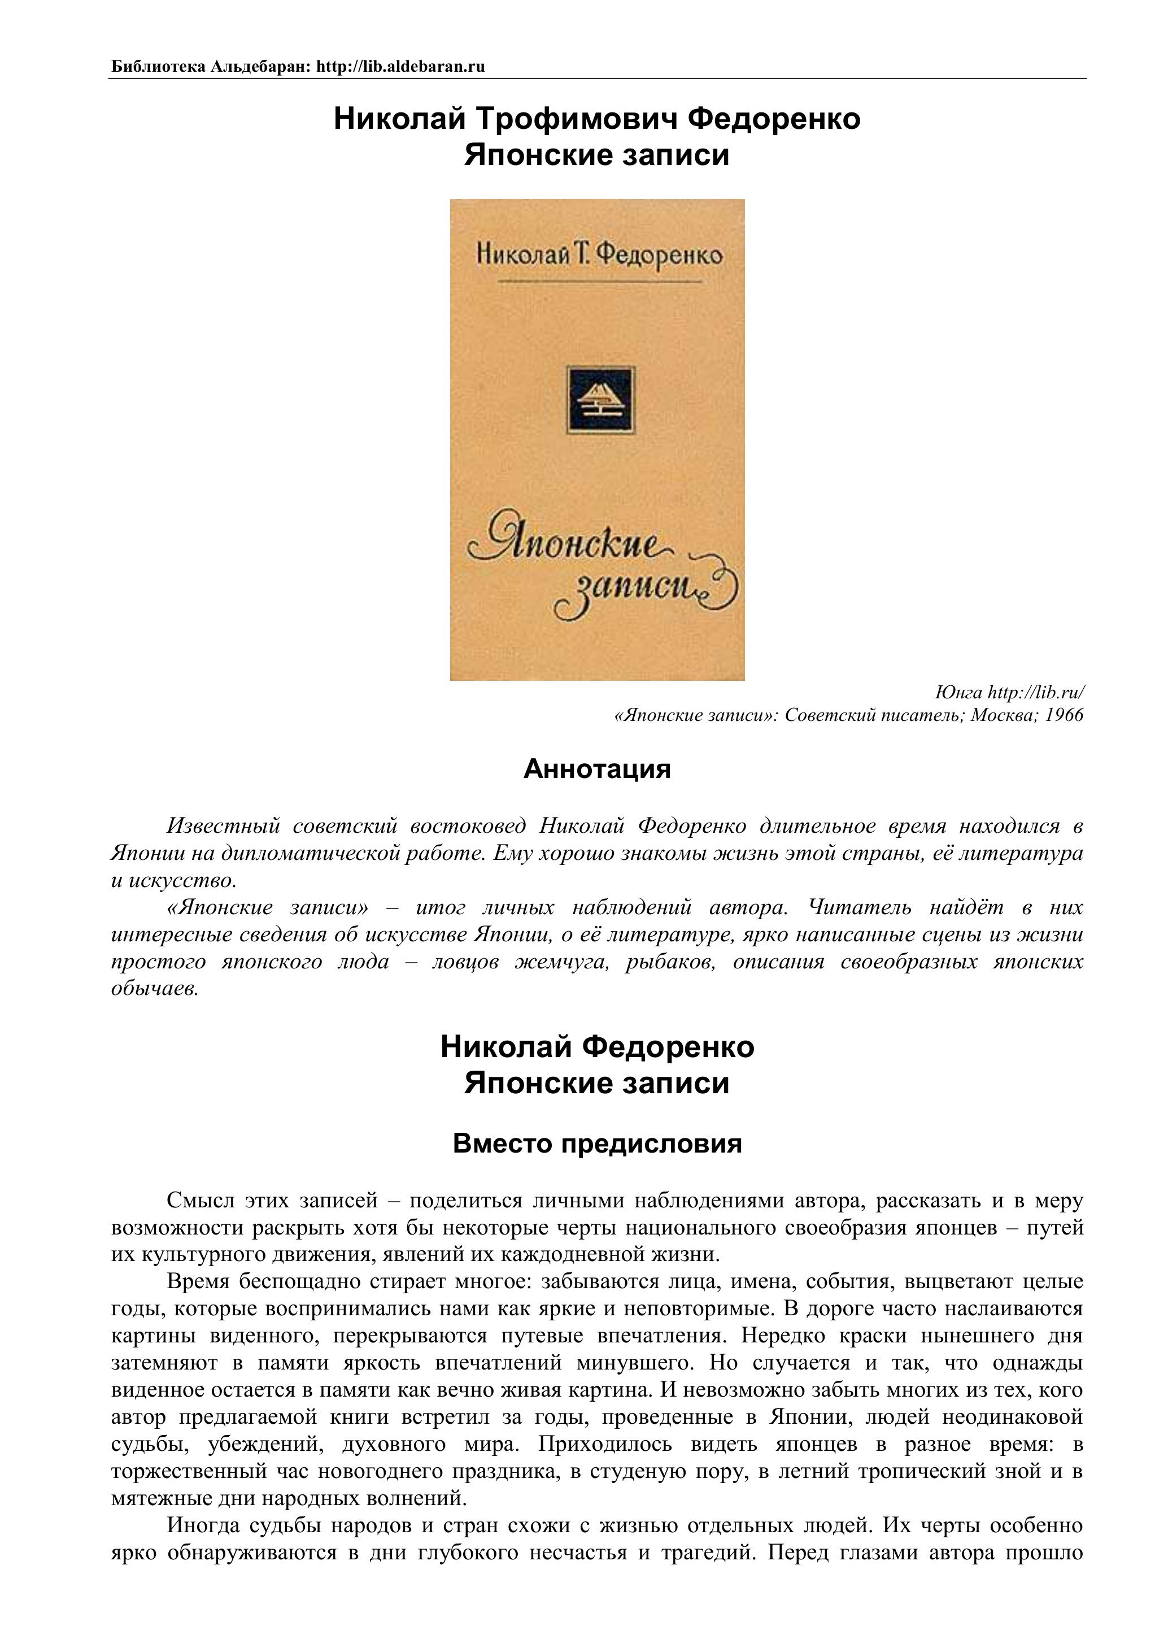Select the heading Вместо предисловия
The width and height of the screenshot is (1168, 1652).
pyautogui.click(x=597, y=1144)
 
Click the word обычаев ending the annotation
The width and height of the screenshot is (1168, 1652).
pyautogui.click(x=155, y=989)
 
